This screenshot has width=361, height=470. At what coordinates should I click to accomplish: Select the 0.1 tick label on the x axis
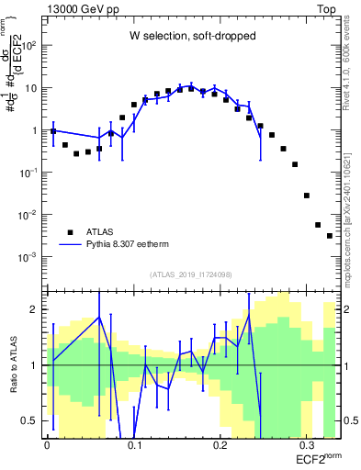tap(134, 442)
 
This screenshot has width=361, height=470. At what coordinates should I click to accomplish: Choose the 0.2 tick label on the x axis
tap(220, 442)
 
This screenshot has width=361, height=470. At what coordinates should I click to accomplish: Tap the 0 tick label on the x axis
tap(47, 442)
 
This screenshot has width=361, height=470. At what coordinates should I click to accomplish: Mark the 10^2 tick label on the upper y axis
tap(30, 46)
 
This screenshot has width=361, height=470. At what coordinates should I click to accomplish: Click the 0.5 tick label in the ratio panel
tap(29, 420)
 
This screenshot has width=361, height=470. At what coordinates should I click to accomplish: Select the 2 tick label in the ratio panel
tap(35, 309)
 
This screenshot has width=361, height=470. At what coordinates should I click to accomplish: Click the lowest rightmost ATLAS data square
tap(330, 236)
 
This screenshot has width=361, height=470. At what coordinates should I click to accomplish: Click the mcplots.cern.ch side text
tap(351, 197)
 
